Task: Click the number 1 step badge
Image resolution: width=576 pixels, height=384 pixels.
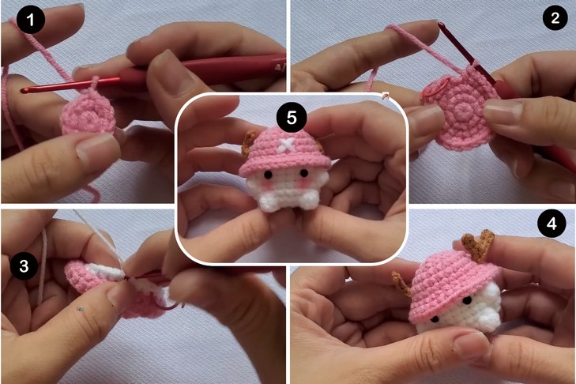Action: [x=31, y=20]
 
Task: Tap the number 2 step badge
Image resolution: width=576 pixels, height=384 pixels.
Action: [x=555, y=17]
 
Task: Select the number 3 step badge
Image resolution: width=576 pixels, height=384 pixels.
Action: [x=24, y=265]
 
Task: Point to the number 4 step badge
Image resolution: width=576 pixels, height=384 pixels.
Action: [x=552, y=223]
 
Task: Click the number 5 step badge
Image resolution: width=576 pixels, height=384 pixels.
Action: [x=292, y=118]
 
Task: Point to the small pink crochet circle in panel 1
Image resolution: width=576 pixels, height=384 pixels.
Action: [x=89, y=113]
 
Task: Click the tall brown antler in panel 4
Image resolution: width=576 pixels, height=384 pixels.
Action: [x=478, y=244]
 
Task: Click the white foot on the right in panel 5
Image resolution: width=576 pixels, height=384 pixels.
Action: [x=307, y=199]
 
